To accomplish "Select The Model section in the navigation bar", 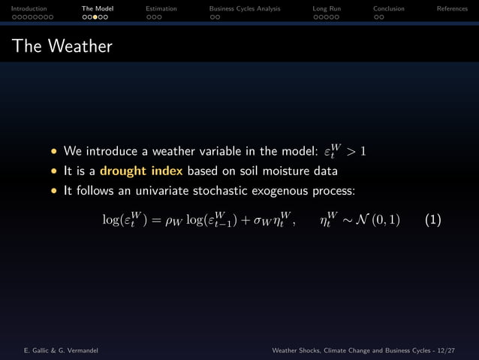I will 98,8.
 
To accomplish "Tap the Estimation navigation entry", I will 161,8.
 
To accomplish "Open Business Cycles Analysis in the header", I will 245,8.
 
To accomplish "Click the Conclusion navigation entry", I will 389,8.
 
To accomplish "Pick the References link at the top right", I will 452,8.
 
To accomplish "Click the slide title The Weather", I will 62,47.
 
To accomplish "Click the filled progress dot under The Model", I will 95,17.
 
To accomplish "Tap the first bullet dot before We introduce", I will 54,151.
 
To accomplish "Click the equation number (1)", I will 432,219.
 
